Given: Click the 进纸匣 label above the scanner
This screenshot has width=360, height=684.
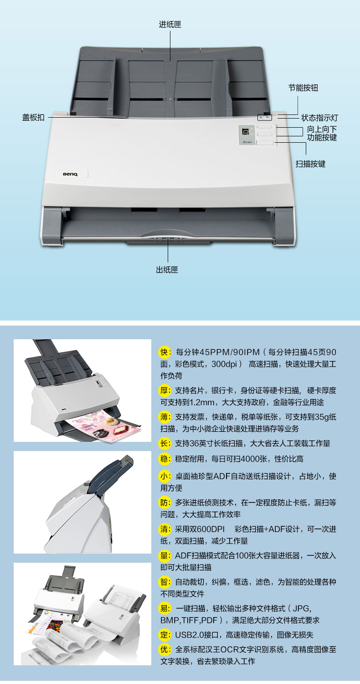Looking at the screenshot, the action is click(x=170, y=25).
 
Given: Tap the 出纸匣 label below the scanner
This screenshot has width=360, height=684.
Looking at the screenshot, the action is click(x=167, y=269).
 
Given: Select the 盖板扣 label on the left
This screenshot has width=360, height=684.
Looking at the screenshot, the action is click(x=33, y=118).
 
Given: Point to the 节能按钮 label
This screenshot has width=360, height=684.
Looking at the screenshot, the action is click(x=303, y=88).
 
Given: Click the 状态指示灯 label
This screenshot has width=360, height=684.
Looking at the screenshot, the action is click(x=319, y=118).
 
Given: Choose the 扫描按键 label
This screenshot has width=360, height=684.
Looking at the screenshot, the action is click(x=310, y=164).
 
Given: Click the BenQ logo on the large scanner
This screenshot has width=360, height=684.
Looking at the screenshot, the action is click(x=71, y=174).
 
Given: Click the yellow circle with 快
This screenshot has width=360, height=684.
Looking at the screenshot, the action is click(x=165, y=352).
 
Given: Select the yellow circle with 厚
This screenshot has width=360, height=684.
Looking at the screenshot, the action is click(x=165, y=390).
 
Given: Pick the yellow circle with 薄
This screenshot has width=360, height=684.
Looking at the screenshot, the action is click(x=165, y=417).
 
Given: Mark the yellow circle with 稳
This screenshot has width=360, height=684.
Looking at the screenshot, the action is click(x=165, y=459).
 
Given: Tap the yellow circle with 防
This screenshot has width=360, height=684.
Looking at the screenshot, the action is click(x=165, y=503).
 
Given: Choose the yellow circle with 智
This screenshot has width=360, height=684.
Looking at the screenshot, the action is click(x=165, y=582).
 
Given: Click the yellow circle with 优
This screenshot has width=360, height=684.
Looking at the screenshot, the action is click(x=165, y=649).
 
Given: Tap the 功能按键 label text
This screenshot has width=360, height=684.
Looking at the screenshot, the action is click(x=322, y=137).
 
